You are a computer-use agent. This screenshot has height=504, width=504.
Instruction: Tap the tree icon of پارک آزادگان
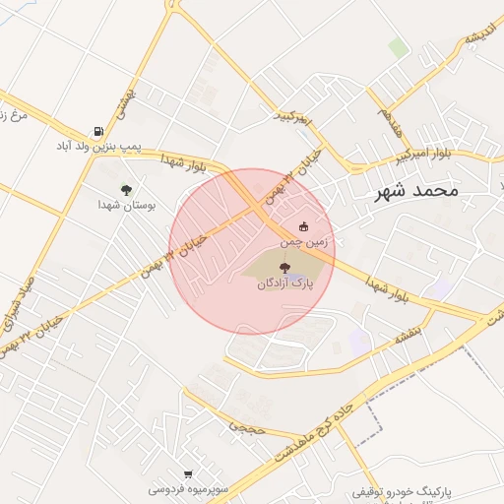tap(283, 266)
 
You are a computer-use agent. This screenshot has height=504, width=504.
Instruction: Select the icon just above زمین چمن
tap(302, 227)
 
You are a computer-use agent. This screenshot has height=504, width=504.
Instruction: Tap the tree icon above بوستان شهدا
tap(126, 188)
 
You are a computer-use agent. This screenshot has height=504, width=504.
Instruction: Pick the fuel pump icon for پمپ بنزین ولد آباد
tap(98, 131)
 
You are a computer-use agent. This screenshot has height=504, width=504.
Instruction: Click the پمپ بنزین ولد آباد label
tap(98, 147)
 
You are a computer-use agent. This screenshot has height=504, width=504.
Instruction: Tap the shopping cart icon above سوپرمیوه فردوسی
tap(188, 474)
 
